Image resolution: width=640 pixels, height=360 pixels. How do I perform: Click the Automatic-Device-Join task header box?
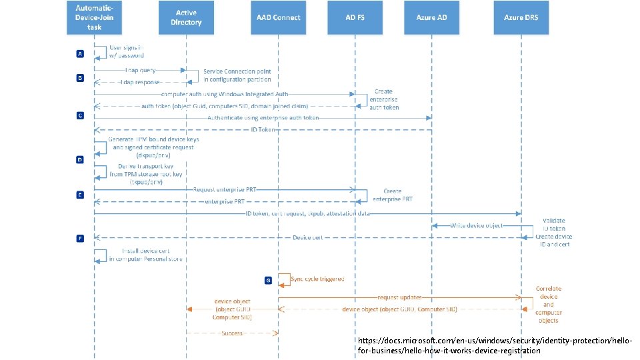93,18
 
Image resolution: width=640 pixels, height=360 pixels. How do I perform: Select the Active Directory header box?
186,18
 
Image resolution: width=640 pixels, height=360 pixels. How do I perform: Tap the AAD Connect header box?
278,18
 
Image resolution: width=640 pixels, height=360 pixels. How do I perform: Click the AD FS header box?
355,18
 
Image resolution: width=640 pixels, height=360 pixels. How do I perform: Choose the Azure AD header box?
432,18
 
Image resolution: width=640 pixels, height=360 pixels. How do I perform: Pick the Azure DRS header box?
521,18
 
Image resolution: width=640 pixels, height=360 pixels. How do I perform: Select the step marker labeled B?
80,78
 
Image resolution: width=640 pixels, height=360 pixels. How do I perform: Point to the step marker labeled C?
80,115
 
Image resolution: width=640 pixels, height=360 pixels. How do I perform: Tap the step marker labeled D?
80,160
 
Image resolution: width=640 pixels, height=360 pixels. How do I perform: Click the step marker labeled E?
80,195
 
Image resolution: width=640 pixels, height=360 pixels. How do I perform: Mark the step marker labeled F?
80,237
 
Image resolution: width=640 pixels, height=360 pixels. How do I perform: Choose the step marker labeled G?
268,281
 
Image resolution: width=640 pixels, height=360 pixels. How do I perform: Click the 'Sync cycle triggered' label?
317,280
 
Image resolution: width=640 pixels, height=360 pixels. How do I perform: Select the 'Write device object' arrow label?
476,226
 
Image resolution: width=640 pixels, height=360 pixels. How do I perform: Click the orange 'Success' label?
232,333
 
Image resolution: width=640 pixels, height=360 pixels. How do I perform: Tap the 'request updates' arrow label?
399,297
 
